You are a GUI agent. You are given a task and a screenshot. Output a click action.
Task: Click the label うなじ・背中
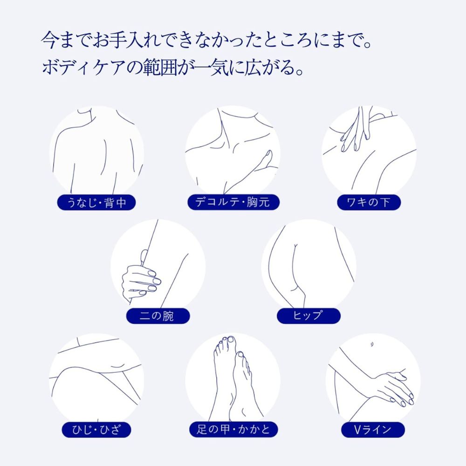click(x=96, y=203)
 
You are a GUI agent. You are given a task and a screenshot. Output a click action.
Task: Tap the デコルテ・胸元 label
click(x=233, y=202)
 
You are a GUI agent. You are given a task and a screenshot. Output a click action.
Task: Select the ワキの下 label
click(x=369, y=202)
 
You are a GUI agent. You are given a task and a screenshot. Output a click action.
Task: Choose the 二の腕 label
click(x=158, y=316)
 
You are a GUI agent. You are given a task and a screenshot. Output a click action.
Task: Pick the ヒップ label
click(x=308, y=315)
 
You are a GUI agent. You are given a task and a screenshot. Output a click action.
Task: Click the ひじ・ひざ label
click(x=96, y=430)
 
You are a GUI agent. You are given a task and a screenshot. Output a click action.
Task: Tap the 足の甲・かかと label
click(x=233, y=430)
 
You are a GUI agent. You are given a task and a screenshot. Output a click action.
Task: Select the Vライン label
click(x=373, y=430)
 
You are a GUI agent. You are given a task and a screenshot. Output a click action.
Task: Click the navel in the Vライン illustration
click(x=372, y=345)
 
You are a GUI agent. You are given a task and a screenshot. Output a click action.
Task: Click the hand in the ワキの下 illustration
click(x=356, y=129)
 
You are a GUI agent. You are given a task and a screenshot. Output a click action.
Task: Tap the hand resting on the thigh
click(x=392, y=388)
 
